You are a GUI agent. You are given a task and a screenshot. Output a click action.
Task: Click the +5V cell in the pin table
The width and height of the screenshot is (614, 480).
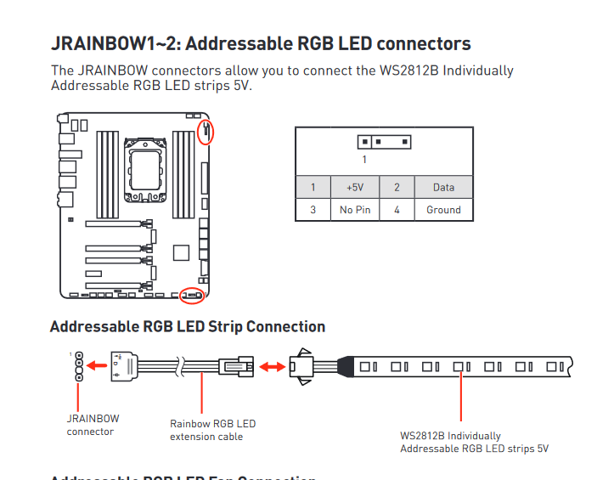tap(355, 187)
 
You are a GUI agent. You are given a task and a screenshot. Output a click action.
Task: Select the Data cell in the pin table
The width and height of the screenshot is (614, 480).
tap(443, 187)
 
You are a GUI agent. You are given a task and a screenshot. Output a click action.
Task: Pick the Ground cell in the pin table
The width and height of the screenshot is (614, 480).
tap(443, 209)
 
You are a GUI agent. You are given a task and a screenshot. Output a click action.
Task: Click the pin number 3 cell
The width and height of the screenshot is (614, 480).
tap(313, 209)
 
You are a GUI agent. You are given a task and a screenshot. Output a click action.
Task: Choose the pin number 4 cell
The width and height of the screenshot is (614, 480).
tap(397, 209)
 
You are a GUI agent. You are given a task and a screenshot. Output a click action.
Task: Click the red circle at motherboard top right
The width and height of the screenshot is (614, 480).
tap(205, 132)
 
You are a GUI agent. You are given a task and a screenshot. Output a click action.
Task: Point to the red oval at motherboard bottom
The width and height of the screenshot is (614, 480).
tap(193, 296)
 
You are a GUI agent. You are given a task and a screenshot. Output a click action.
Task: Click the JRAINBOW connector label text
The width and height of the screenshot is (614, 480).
tap(93, 425)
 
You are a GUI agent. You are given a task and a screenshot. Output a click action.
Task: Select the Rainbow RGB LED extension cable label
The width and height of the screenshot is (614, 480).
tap(212, 430)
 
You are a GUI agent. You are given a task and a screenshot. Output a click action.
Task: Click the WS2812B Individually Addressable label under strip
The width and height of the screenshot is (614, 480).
tap(474, 442)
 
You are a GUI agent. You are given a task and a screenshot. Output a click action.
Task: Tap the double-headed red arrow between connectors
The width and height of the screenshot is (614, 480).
tap(273, 367)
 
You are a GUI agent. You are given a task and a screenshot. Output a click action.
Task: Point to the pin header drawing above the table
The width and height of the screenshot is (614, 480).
tap(385, 142)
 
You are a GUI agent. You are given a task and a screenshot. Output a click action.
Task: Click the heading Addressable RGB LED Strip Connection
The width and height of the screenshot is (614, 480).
tap(188, 326)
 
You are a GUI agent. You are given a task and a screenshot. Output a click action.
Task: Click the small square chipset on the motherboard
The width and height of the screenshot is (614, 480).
tap(179, 252)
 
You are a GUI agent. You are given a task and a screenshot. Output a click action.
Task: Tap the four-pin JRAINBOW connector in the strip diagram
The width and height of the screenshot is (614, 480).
tap(78, 367)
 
